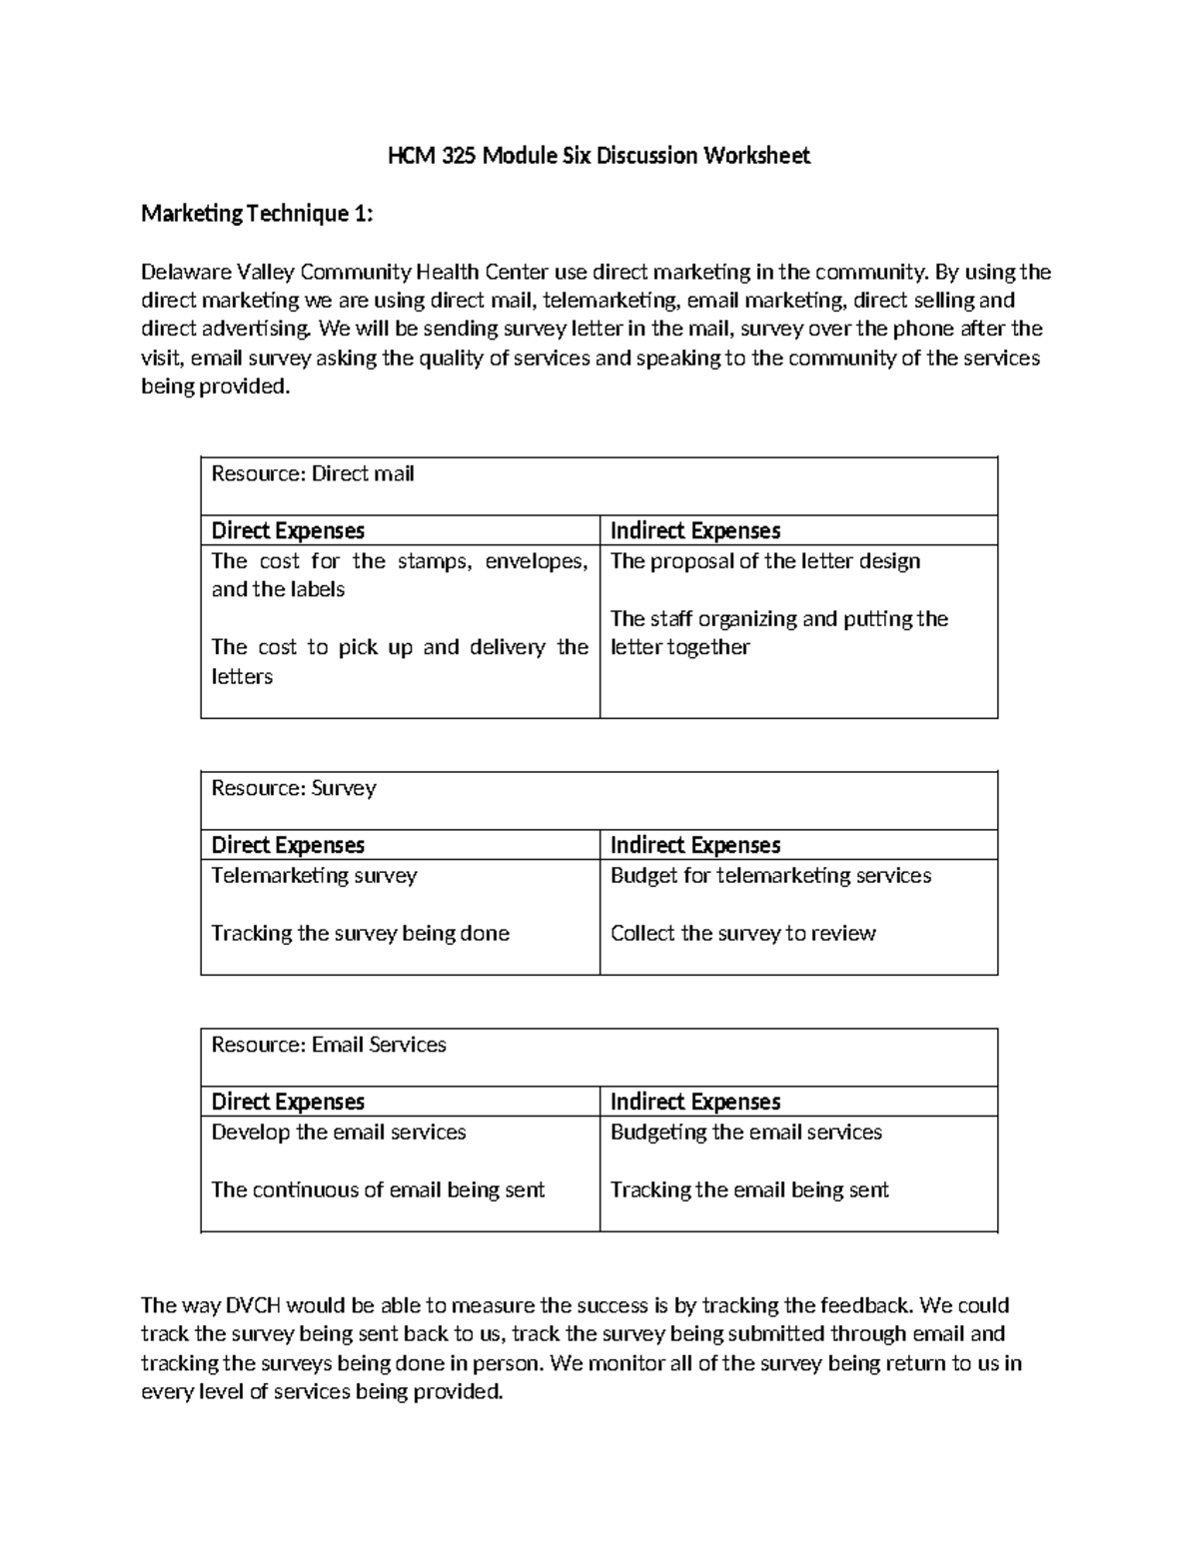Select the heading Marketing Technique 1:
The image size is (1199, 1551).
257,214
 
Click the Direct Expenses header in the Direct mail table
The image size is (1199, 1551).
288,531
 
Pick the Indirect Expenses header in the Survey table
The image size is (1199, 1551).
695,846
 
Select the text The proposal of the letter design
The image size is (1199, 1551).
765,561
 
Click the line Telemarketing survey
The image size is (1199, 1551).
314,876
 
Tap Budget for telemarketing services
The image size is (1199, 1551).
770,876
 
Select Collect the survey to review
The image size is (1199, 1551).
742,934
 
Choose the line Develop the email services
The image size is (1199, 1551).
339,1133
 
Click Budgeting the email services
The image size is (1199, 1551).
746,1133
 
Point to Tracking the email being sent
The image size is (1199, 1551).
749,1190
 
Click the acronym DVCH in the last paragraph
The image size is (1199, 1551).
255,1305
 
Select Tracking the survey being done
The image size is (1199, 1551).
360,934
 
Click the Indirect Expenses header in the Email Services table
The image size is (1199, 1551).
695,1103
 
